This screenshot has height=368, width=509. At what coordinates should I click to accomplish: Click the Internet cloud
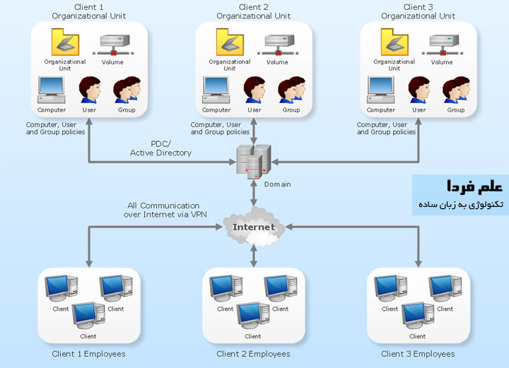pyautogui.click(x=253, y=227)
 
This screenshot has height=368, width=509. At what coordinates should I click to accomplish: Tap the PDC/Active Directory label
pyautogui.click(x=160, y=148)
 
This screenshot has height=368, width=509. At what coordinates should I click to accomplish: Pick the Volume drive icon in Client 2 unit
pyautogui.click(x=277, y=45)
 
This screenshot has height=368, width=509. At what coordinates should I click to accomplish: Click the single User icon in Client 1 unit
pyautogui.click(x=90, y=90)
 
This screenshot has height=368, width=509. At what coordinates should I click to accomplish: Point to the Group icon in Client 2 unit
pyautogui.click(x=291, y=90)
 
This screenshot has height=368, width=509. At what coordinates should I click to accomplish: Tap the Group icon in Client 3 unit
pyautogui.click(x=455, y=90)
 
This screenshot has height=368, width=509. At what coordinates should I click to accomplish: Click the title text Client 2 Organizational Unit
pyautogui.click(x=254, y=11)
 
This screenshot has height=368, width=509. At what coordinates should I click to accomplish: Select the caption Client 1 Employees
pyautogui.click(x=88, y=354)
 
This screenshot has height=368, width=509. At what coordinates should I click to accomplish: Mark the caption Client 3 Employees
pyautogui.click(x=418, y=354)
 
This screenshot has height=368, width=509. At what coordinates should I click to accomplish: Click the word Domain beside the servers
pyautogui.click(x=277, y=184)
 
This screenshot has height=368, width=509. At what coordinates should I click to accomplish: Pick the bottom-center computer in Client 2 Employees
pyautogui.click(x=252, y=316)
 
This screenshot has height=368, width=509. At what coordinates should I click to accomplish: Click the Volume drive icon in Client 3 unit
pyautogui.click(x=442, y=45)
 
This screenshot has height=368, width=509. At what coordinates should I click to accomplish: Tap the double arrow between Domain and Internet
pyautogui.click(x=253, y=195)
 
